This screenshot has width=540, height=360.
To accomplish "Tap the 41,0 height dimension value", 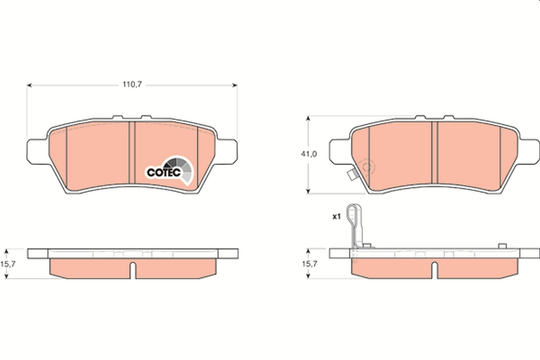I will (309, 154).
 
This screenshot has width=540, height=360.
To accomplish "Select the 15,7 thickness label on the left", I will (10, 264).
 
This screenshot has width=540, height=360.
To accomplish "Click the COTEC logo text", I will (164, 172).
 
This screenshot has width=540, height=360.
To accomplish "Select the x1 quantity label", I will (336, 217).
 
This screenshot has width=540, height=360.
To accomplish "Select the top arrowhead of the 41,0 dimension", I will (308, 118).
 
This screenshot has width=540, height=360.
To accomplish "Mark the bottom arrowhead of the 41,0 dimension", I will (308, 191).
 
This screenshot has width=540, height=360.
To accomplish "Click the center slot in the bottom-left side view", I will (132, 270).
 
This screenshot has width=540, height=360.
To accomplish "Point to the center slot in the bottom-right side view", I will (434, 270).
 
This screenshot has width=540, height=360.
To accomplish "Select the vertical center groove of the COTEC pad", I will (132, 153).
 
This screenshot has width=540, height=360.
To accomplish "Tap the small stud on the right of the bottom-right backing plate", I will (503, 246).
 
